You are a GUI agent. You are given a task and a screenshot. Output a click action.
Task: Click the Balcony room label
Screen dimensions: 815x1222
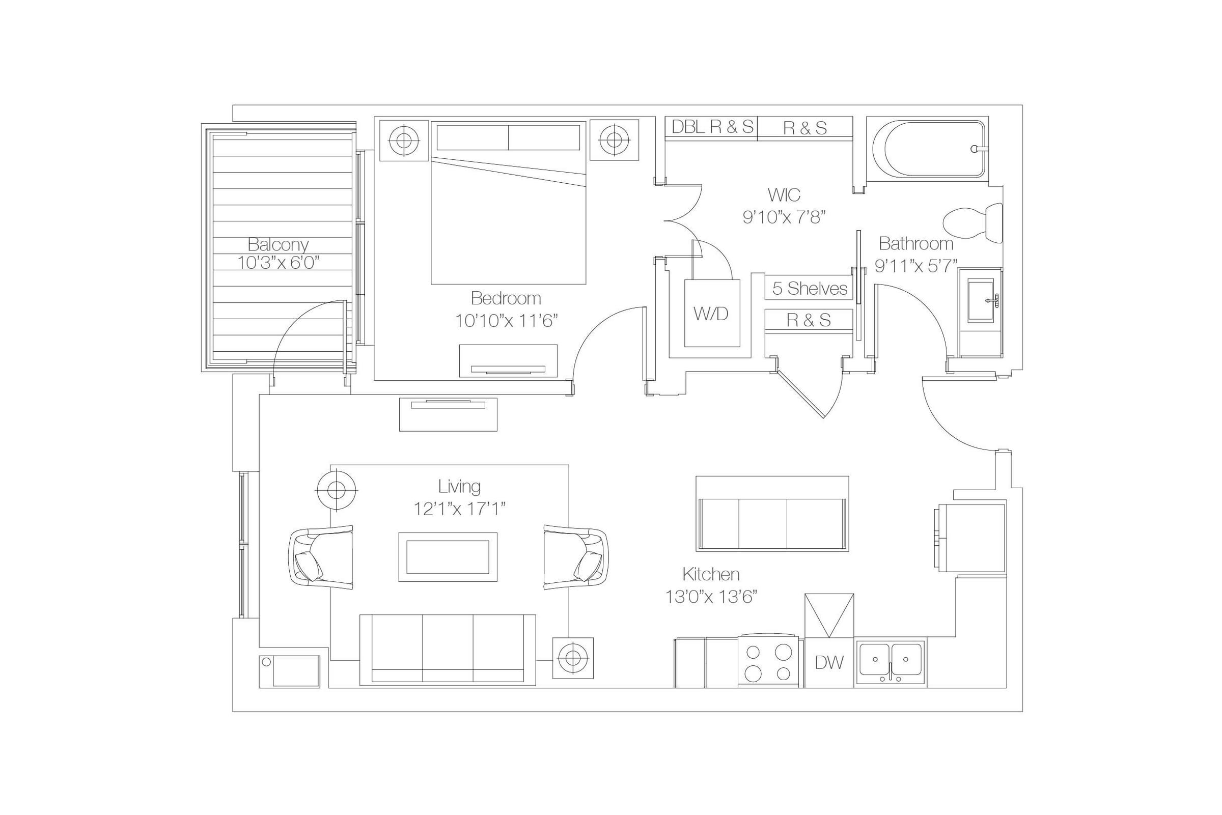278,244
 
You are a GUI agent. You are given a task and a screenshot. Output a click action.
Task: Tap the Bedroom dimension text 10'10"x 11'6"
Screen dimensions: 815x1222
506,321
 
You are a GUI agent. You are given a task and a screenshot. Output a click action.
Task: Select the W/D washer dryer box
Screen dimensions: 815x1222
712,314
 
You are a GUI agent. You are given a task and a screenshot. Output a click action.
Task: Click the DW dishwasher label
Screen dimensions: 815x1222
829,662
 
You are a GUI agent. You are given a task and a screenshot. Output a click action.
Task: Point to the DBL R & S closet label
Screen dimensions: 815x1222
712,127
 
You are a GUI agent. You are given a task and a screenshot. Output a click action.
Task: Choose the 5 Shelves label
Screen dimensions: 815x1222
809,288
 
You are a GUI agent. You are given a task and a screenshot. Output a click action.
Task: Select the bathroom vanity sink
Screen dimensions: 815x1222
980,300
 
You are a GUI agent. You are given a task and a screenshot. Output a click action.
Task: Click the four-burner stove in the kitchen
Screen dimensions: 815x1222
768,661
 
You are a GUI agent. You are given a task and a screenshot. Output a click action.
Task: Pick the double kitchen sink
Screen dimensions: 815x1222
891,661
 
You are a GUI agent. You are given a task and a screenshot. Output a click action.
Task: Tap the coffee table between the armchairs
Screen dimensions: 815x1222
448,557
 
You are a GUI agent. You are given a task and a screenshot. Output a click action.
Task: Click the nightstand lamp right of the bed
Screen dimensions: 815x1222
615,140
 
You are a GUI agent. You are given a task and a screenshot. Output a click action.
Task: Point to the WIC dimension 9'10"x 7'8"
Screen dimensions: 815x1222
784,217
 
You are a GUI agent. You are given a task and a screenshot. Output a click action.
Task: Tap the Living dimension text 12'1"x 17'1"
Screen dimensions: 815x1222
459,509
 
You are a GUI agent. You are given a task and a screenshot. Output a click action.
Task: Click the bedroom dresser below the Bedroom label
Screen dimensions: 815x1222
508,361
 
